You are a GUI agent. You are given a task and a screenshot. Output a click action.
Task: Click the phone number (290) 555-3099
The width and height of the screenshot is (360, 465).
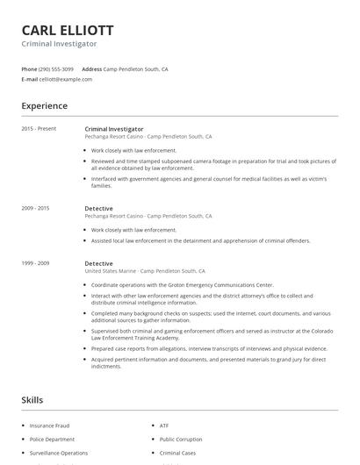point(56,68)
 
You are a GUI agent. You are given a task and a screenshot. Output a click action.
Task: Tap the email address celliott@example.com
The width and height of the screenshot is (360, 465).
point(66,79)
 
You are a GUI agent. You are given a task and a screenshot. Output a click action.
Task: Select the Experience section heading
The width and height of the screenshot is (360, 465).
point(45,106)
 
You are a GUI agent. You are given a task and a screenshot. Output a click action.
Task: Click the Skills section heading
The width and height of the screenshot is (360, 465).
point(32,400)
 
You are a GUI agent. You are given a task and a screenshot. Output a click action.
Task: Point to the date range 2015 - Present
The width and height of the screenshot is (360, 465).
point(39,129)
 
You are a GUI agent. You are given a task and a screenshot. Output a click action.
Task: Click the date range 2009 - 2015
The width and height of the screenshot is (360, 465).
point(36,208)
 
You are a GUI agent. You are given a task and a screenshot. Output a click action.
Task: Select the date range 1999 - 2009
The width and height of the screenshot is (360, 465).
point(36,263)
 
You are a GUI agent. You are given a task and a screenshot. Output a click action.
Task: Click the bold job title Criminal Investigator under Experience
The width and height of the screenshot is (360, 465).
point(114,129)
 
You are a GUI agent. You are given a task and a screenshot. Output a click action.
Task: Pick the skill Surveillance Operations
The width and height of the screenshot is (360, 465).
point(59,453)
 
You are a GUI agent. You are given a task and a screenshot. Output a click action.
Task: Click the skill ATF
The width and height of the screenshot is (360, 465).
point(164,426)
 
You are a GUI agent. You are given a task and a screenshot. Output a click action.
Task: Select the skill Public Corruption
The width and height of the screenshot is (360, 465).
point(180,439)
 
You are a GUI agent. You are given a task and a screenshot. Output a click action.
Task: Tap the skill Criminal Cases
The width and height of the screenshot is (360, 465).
point(176,453)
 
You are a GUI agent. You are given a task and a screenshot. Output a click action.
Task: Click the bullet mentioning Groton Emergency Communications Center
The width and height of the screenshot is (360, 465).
point(183,285)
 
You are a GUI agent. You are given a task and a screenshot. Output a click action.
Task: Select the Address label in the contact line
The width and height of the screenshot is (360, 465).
point(91,68)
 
